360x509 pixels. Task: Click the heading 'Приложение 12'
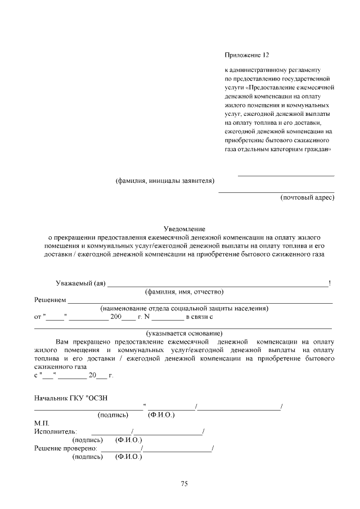pyautogui.click(x=247, y=55)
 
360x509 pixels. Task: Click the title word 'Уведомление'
pyautogui.click(x=184, y=229)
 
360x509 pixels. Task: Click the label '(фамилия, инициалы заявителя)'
pyautogui.click(x=165, y=181)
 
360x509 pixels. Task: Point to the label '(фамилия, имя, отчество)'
pyautogui.click(x=184, y=292)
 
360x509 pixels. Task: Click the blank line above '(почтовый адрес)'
pyautogui.click(x=276, y=192)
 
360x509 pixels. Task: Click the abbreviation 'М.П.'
pyautogui.click(x=42, y=423)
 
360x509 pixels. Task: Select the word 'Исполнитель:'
pyautogui.click(x=55, y=431)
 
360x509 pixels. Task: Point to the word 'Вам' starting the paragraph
pyautogui.click(x=62, y=341)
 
